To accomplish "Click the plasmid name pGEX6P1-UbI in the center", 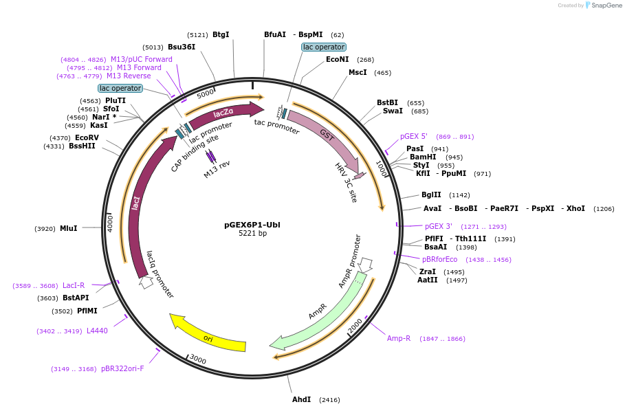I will pyautogui.click(x=252, y=225).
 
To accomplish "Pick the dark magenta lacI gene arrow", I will pyautogui.click(x=140, y=199).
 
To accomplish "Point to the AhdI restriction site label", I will pyautogui.click(x=301, y=399).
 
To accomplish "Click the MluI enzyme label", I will pyautogui.click(x=69, y=228).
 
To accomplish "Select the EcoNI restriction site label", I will pyautogui.click(x=337, y=60).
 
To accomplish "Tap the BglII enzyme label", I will pyautogui.click(x=431, y=195).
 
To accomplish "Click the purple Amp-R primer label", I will pyautogui.click(x=399, y=338).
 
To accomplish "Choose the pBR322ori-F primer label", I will pyautogui.click(x=122, y=368).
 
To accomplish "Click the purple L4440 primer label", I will pyautogui.click(x=97, y=331).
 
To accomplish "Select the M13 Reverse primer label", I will pyautogui.click(x=129, y=76).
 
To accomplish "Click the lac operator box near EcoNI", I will pyautogui.click(x=323, y=47).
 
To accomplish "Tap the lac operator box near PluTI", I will pyautogui.click(x=120, y=88).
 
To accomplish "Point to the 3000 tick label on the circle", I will pyautogui.click(x=197, y=359).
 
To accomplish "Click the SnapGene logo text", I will pyautogui.click(x=607, y=5).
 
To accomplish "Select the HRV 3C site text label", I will pyautogui.click(x=346, y=183).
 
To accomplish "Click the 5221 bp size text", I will pyautogui.click(x=252, y=234).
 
